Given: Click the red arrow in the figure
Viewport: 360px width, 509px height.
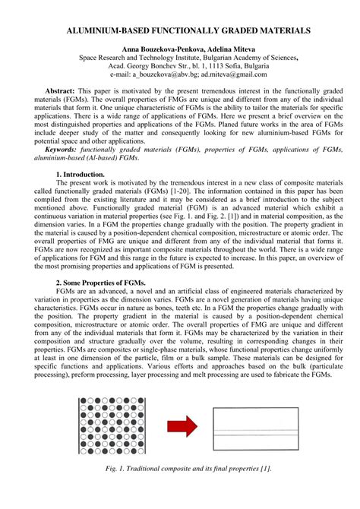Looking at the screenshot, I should [182, 426].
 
